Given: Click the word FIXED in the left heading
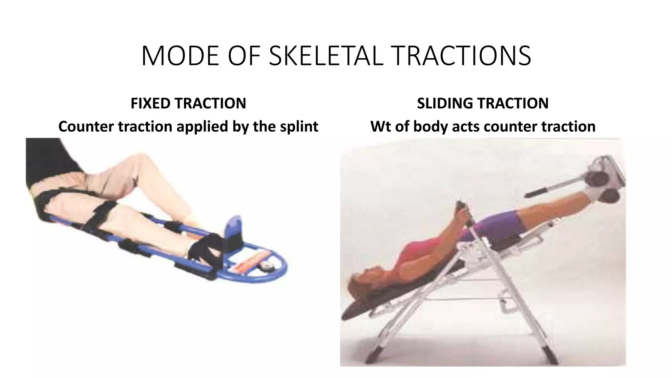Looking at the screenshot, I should [x=151, y=103].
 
